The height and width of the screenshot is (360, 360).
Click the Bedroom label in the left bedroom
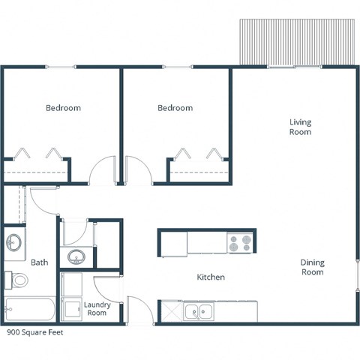[63, 108]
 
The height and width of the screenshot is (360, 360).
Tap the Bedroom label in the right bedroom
[175, 108]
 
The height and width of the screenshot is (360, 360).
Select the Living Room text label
[301, 127]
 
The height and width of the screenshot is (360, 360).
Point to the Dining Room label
[312, 267]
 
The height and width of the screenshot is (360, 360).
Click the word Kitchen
[211, 277]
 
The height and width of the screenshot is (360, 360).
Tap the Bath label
[39, 262]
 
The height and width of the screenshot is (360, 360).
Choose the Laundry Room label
[97, 308]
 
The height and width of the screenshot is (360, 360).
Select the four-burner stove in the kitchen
[241, 244]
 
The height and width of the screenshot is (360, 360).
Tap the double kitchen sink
[199, 310]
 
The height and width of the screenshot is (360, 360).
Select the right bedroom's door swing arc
[140, 171]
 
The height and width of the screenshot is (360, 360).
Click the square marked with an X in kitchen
[172, 311]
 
